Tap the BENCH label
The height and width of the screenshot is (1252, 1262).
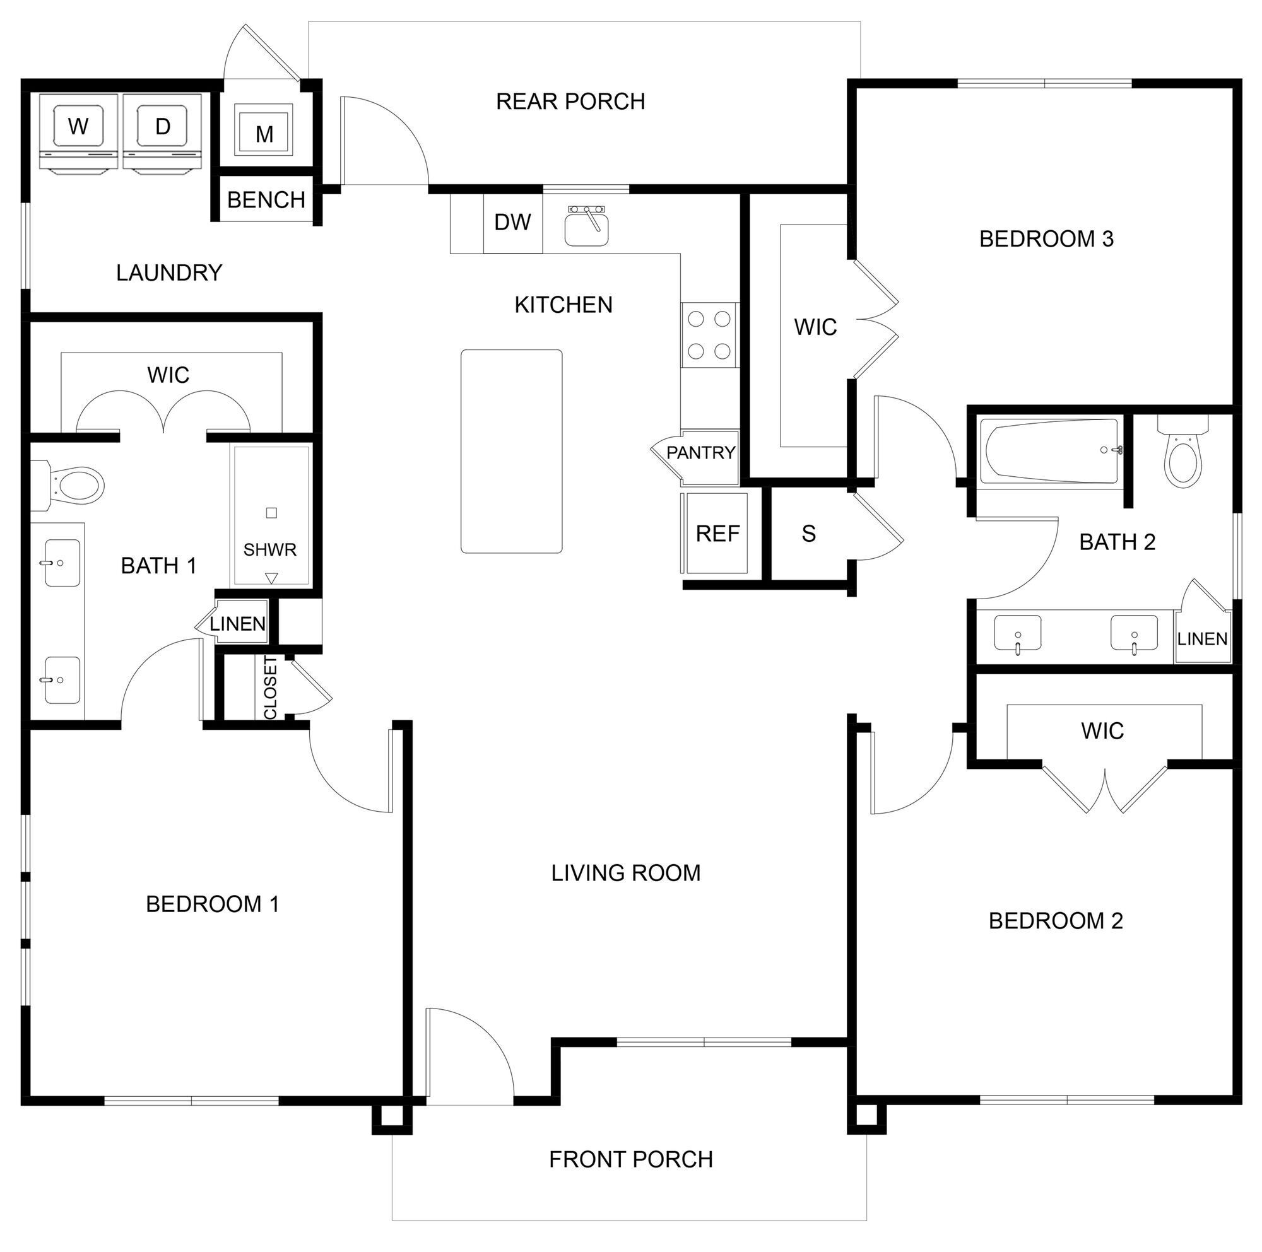[266, 200]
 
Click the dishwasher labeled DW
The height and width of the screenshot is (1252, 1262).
[512, 223]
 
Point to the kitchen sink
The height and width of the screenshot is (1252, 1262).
[587, 226]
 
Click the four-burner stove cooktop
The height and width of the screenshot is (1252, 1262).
[709, 335]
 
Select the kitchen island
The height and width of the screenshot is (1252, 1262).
[512, 451]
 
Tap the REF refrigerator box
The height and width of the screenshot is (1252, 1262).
[717, 534]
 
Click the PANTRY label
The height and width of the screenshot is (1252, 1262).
[700, 452]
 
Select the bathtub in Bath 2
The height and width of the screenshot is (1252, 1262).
[1050, 451]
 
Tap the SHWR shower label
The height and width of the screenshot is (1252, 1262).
[270, 549]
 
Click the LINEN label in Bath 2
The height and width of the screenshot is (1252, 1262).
[1202, 639]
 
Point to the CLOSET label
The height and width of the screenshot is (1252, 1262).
[271, 688]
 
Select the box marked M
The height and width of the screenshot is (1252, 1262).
[264, 134]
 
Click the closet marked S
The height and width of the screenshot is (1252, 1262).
[809, 534]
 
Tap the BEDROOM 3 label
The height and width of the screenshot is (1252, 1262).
[1046, 239]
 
